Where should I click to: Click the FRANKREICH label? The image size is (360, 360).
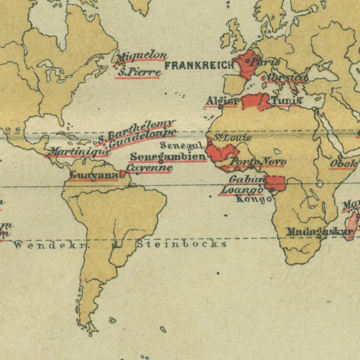pyautogui.click(x=199, y=66)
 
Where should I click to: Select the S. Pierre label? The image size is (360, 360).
pyautogui.click(x=139, y=72)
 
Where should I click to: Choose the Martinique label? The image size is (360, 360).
pyautogui.click(x=79, y=152)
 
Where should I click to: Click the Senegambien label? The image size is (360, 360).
pyautogui.click(x=168, y=157)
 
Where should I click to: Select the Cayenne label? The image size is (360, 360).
pyautogui.click(x=150, y=168)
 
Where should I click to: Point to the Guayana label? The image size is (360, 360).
pyautogui.click(x=94, y=175)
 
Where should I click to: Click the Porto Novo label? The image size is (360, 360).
pyautogui.click(x=258, y=162)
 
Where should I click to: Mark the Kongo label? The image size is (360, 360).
pyautogui.click(x=254, y=199)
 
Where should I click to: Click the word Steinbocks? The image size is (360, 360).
pyautogui.click(x=182, y=244)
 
